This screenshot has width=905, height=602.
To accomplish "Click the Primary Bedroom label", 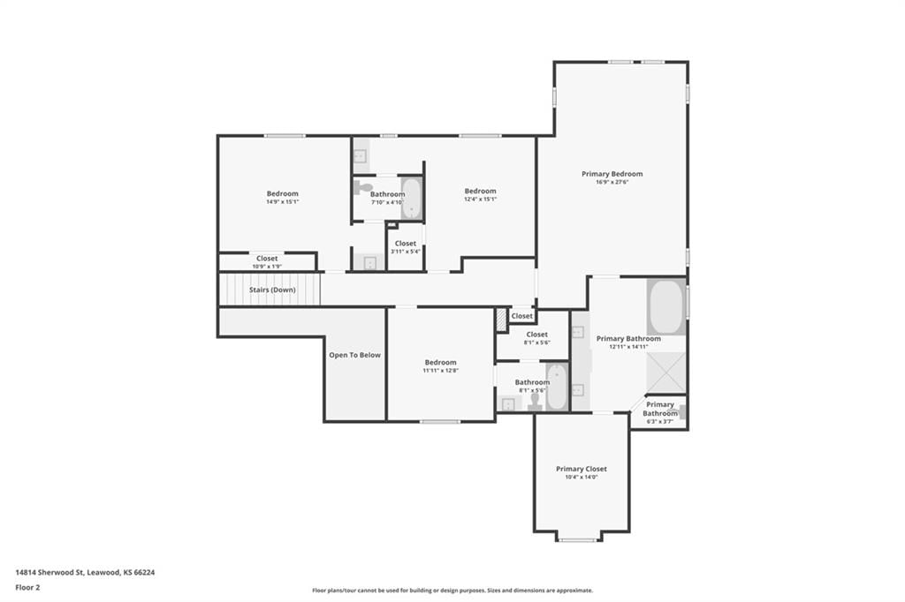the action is (x=612, y=174).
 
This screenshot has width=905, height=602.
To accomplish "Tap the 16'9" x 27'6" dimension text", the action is (x=612, y=182).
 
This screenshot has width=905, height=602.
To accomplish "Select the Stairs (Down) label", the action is (x=272, y=290).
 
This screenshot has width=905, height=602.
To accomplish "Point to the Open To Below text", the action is (x=355, y=355).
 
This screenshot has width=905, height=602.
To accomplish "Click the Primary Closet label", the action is (x=582, y=469).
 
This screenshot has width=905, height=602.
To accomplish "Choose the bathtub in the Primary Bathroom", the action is (x=666, y=306).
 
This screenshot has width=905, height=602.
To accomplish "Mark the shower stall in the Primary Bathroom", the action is (x=666, y=373).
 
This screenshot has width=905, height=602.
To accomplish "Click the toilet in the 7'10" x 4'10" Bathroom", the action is (x=363, y=187).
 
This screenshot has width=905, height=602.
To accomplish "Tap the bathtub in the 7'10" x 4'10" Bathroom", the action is (x=411, y=198).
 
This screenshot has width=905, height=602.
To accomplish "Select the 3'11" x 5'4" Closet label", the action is (x=406, y=244).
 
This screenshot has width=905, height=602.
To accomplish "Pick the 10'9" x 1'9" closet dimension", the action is (x=267, y=267).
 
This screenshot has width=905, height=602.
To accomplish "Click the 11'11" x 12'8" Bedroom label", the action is (x=440, y=362).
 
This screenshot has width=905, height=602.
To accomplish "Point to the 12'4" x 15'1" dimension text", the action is (x=480, y=199).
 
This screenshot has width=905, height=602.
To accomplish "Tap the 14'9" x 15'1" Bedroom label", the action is (x=282, y=193).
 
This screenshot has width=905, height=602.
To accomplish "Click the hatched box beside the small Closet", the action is (x=501, y=320).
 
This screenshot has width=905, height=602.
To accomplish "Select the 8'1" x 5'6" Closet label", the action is (x=536, y=335).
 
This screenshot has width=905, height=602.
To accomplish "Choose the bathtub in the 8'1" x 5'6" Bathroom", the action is (x=557, y=387).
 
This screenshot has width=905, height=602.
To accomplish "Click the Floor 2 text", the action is (x=27, y=588).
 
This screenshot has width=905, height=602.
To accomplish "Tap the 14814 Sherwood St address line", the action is (x=85, y=573).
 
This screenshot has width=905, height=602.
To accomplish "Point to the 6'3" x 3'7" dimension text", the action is (x=659, y=422).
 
